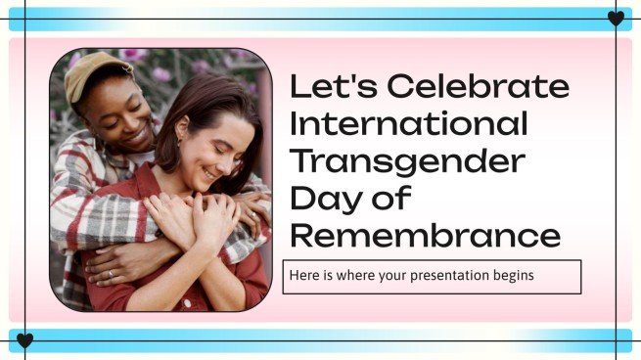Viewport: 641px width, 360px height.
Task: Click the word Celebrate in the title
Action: point(479,87)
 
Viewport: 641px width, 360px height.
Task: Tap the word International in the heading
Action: point(409,123)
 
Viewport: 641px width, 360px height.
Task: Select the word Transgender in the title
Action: point(408,160)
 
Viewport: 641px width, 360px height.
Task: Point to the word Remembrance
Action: point(426,235)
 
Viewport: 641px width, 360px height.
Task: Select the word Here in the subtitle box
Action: point(303,276)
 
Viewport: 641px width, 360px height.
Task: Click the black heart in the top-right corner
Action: point(616,19)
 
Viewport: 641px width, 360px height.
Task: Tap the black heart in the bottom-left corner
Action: point(25,340)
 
